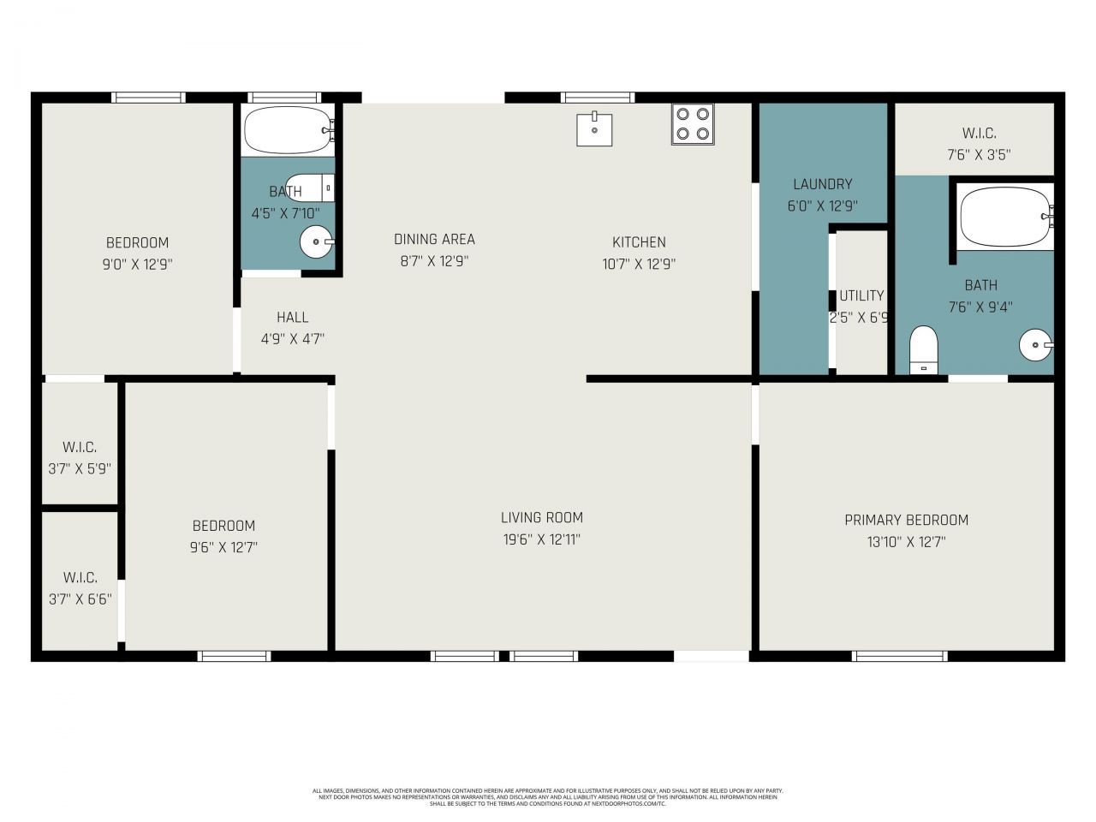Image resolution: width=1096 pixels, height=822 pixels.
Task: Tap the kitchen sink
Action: pyautogui.click(x=594, y=128)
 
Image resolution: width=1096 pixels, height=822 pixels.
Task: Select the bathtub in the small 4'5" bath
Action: pyautogui.click(x=287, y=130)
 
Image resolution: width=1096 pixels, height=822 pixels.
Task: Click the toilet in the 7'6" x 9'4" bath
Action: pyautogui.click(x=923, y=349)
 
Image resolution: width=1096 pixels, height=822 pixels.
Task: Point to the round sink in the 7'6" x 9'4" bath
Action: pyautogui.click(x=1034, y=346)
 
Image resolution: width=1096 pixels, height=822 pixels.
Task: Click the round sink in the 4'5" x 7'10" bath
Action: pyautogui.click(x=316, y=242)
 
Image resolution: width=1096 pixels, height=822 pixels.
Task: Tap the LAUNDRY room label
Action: pyautogui.click(x=822, y=184)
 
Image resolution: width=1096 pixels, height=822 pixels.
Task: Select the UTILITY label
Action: pyautogui.click(x=861, y=295)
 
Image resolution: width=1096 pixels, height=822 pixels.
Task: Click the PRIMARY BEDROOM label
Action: pyautogui.click(x=906, y=520)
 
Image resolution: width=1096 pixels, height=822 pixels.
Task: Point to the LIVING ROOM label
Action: pyautogui.click(x=541, y=517)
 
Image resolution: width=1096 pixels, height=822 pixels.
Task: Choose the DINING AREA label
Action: pyautogui.click(x=434, y=240)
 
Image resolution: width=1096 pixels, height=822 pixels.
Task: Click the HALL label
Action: pyautogui.click(x=292, y=317)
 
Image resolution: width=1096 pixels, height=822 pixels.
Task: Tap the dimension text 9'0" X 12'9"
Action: pyautogui.click(x=137, y=265)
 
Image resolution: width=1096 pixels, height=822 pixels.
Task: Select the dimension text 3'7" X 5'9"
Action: pyautogui.click(x=80, y=469)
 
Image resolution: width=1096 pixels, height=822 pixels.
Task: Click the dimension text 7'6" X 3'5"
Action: pyautogui.click(x=979, y=155)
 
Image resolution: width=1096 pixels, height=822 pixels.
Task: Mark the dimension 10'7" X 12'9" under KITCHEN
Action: pyautogui.click(x=639, y=265)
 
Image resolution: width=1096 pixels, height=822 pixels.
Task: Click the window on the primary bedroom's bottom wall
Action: pyautogui.click(x=899, y=656)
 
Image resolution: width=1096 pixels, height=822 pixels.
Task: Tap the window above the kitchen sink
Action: pyautogui.click(x=598, y=97)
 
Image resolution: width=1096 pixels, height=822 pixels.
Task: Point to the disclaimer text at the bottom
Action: pyautogui.click(x=548, y=797)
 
